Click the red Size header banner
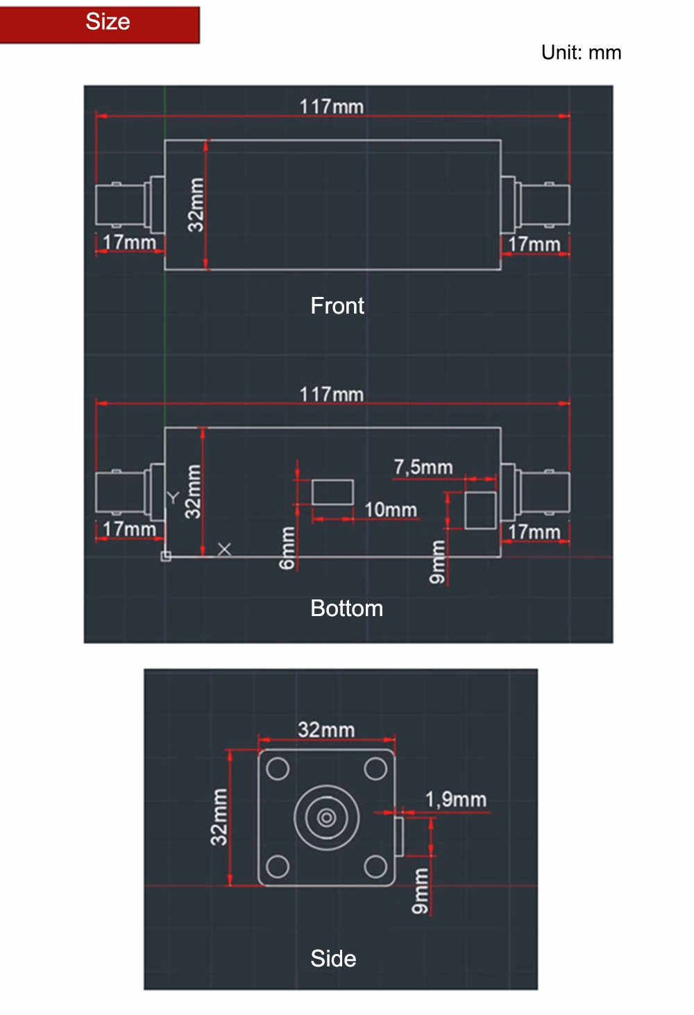click(x=100, y=25)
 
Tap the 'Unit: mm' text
click(x=581, y=53)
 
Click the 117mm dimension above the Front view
click(x=331, y=107)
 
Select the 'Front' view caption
click(x=337, y=305)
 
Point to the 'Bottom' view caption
click(x=347, y=608)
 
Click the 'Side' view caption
click(x=333, y=958)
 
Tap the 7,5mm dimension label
click(x=423, y=467)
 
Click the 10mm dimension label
click(x=391, y=510)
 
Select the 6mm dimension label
click(x=287, y=547)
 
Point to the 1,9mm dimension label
click(x=455, y=800)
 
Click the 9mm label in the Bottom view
click(x=437, y=561)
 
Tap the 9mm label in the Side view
click(x=420, y=891)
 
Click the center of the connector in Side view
click(x=326, y=818)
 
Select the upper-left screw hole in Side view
click(x=278, y=769)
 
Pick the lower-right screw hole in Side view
click(x=375, y=867)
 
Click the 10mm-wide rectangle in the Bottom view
click(x=332, y=492)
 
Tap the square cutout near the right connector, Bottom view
click(x=480, y=510)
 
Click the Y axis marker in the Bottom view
click(x=173, y=497)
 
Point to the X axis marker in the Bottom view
click(x=224, y=549)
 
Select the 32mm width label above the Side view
click(x=326, y=730)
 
